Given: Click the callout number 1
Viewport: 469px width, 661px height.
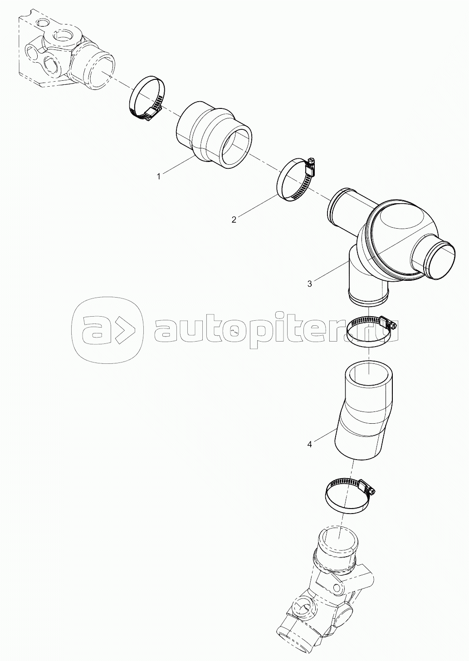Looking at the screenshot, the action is pyautogui.click(x=159, y=176).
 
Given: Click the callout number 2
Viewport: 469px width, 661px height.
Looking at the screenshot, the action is pyautogui.click(x=234, y=220).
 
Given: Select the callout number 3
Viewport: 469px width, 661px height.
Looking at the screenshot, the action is pyautogui.click(x=309, y=284).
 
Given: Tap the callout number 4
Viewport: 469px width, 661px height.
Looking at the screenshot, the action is pyautogui.click(x=309, y=452).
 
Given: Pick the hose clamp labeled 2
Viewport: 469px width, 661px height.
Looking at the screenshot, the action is pyautogui.click(x=295, y=181).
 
